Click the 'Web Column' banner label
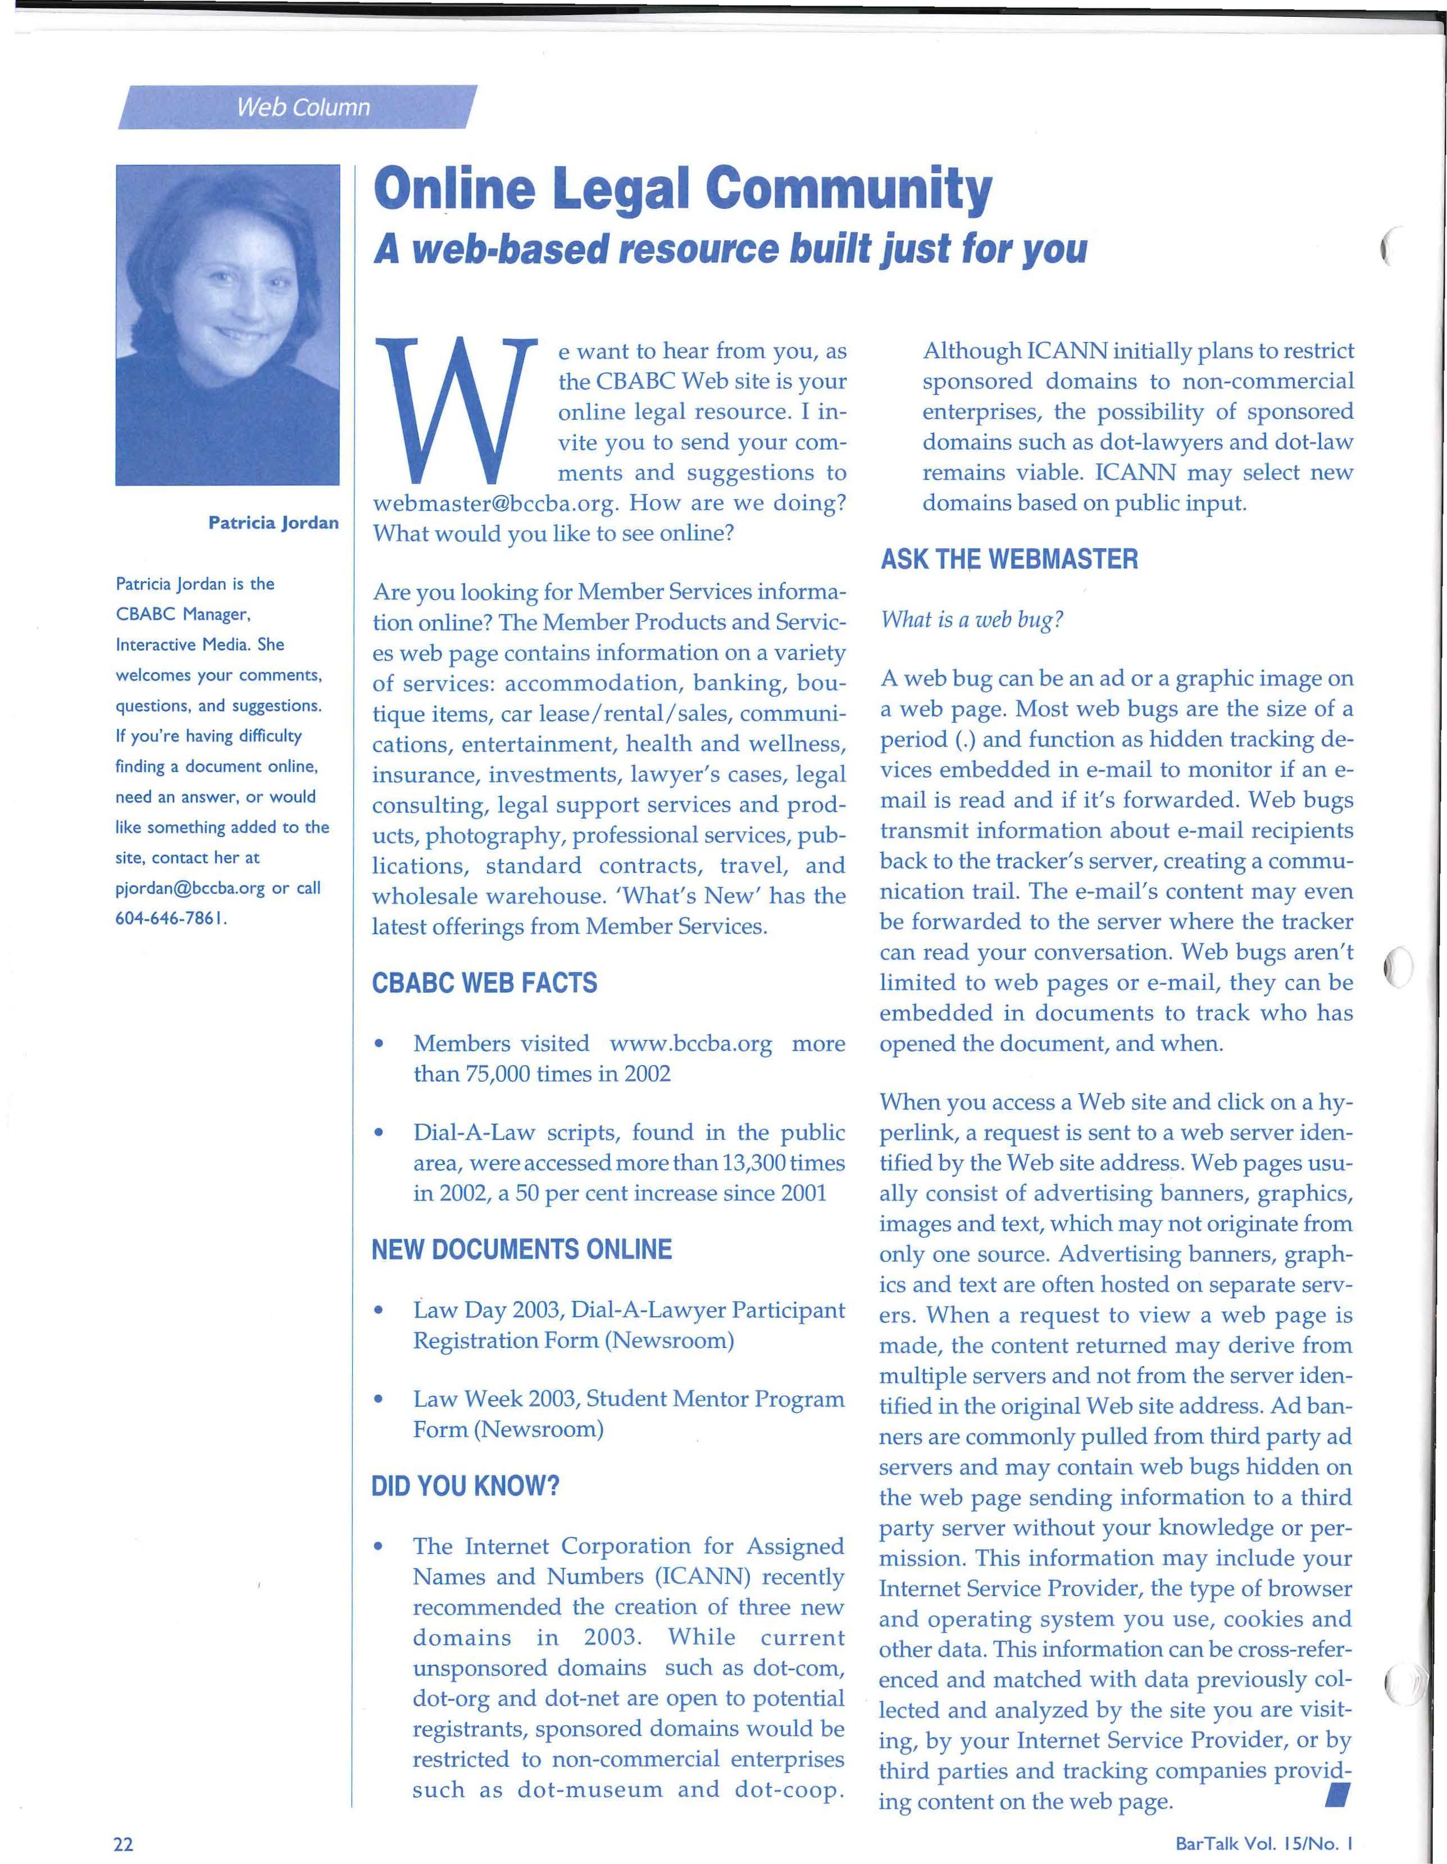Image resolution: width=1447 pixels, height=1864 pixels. [x=303, y=108]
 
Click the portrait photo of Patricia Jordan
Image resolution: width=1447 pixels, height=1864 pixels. [x=227, y=325]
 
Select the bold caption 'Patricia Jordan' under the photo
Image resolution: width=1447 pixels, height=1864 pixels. [x=273, y=522]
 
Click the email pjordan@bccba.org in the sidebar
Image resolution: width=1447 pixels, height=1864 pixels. [x=190, y=888]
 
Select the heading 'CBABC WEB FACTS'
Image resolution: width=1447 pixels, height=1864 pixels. [x=484, y=983]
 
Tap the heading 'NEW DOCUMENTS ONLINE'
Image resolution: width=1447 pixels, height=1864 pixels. [x=522, y=1249]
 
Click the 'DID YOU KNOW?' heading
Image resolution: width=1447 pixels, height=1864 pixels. [x=465, y=1486]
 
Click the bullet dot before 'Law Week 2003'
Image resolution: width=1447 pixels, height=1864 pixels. [x=377, y=1399]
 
